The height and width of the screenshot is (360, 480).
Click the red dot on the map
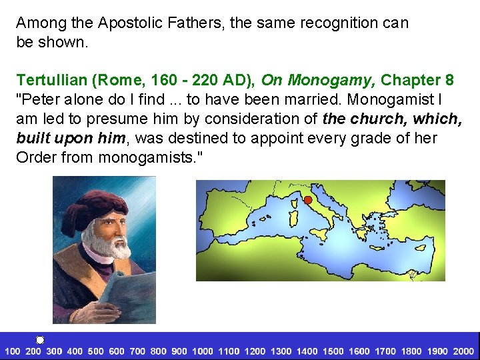(x=308, y=199)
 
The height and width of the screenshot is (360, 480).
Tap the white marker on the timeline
(x=40, y=340)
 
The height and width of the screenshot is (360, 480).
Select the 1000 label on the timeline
(x=203, y=351)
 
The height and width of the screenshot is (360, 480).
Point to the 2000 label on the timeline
(x=463, y=351)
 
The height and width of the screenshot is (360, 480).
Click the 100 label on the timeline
(x=13, y=351)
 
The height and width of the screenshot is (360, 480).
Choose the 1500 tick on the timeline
(x=333, y=351)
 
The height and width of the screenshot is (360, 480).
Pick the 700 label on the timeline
(x=137, y=351)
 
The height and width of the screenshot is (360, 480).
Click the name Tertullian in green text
(x=53, y=81)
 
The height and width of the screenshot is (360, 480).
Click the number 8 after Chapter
(x=450, y=81)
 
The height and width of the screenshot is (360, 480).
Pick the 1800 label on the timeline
(x=411, y=351)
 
